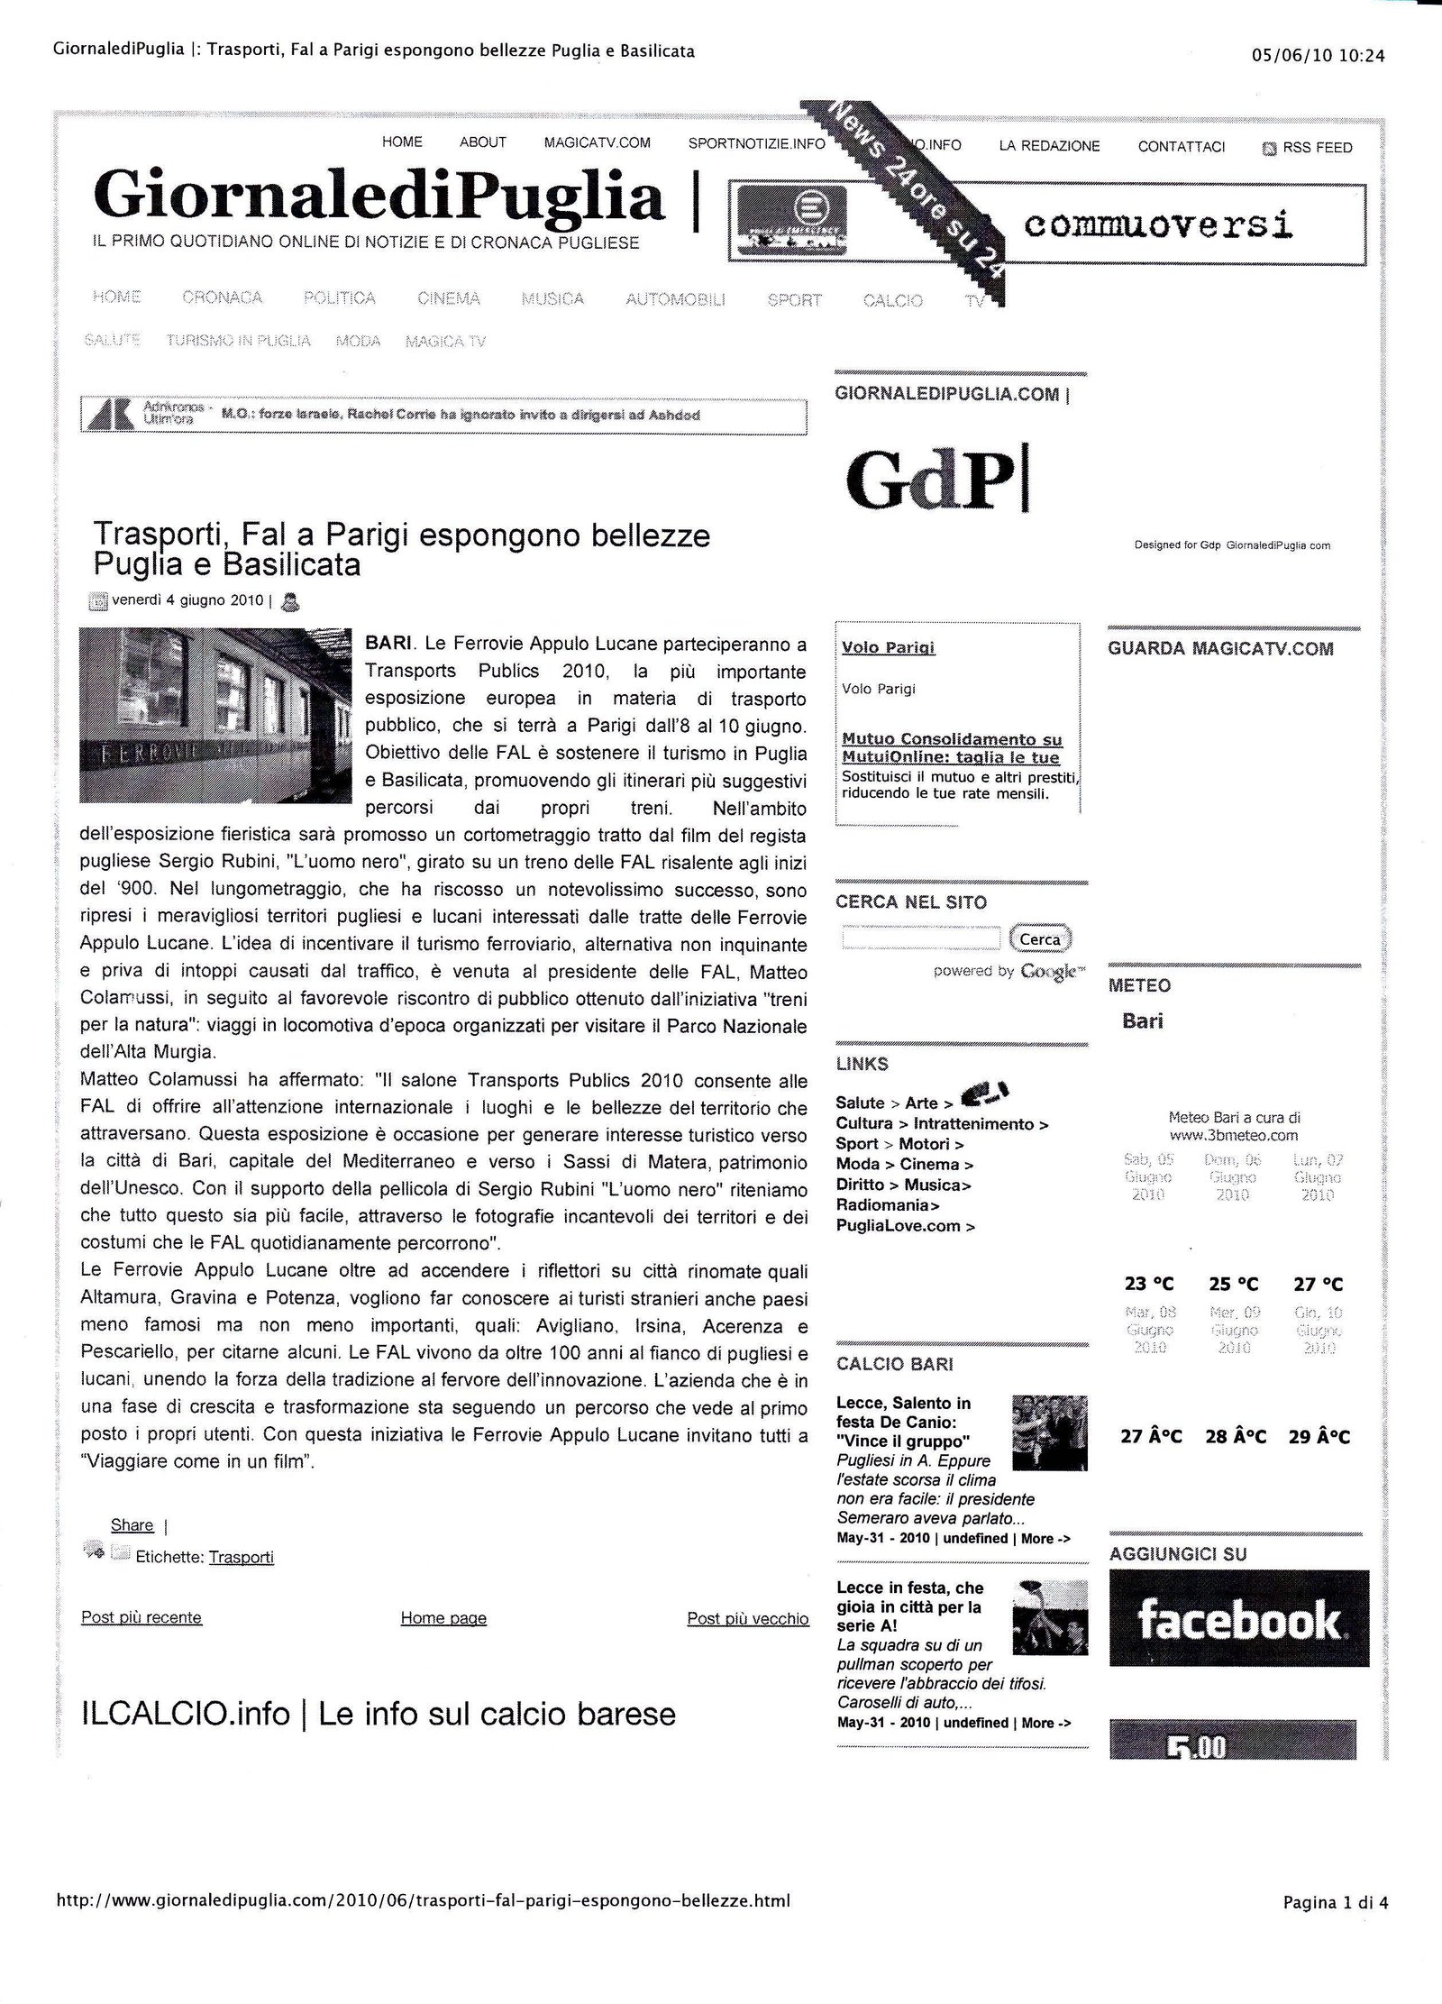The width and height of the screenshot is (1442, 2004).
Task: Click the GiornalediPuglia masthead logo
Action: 379,195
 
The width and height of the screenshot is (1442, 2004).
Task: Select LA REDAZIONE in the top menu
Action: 1049,146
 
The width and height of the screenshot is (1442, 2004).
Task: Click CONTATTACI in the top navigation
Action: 1181,147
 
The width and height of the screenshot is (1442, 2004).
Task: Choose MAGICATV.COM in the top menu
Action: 597,142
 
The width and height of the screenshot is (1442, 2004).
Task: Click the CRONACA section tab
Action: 222,297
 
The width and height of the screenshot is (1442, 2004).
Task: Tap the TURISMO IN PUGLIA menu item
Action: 238,341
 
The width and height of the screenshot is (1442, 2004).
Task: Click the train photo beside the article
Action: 215,715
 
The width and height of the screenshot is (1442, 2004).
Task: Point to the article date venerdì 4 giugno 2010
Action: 187,600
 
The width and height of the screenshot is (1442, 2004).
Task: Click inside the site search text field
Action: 920,938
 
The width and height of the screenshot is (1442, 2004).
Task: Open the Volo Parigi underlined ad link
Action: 888,647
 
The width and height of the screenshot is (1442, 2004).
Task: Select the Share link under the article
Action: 132,1525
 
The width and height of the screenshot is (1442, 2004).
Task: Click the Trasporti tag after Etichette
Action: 241,1557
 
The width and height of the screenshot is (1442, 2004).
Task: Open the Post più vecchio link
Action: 747,1618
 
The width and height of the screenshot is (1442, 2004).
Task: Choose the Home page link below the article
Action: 443,1618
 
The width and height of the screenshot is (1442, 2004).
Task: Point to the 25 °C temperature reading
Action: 1233,1285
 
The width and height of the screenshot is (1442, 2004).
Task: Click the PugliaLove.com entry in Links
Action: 904,1226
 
